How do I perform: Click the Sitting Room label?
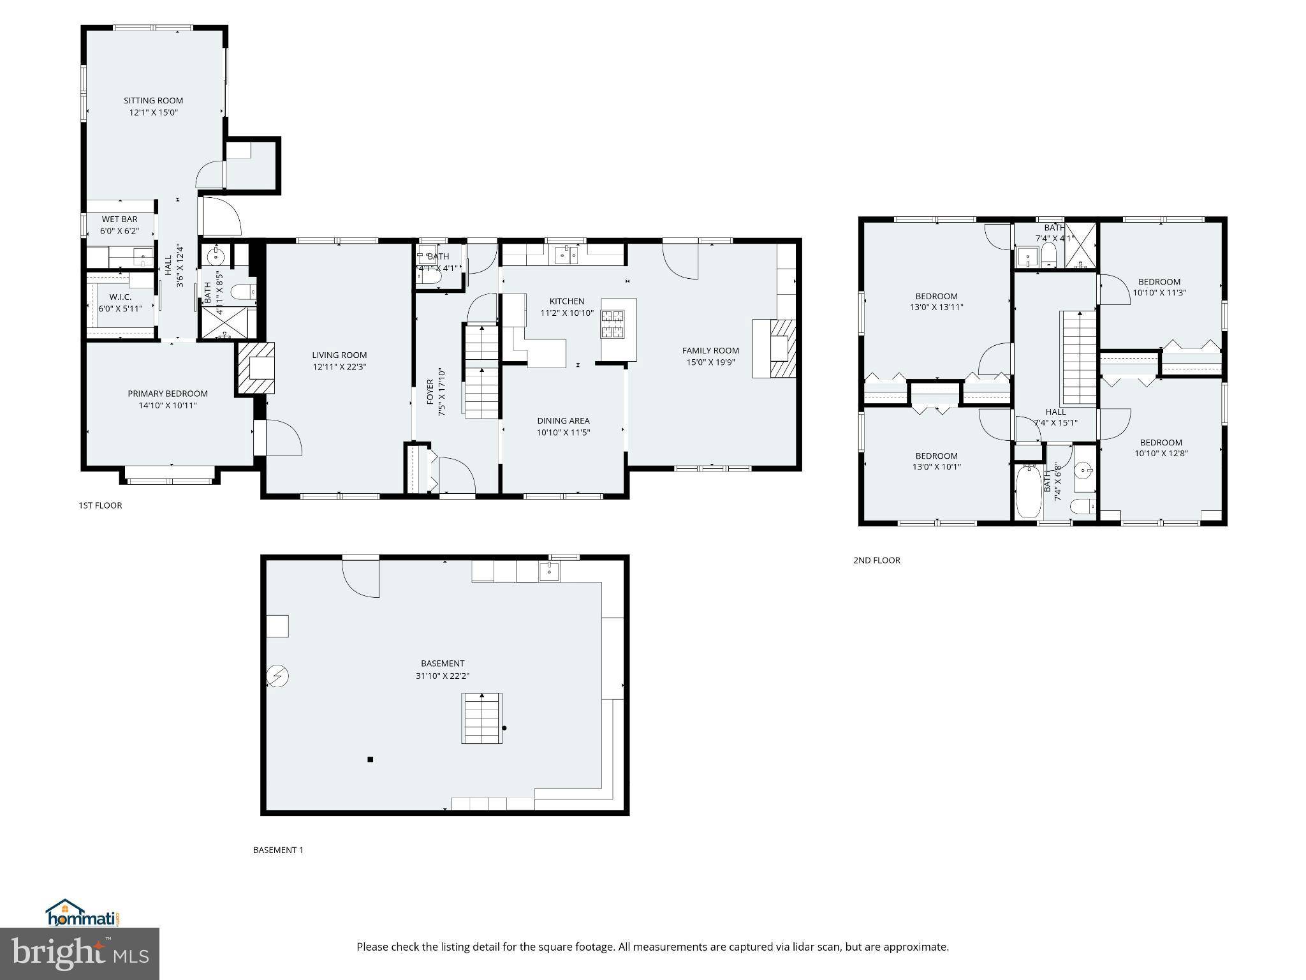(153, 100)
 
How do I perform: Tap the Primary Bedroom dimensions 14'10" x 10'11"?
(168, 405)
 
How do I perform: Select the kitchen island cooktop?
(613, 323)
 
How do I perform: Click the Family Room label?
(710, 350)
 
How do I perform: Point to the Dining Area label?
(563, 420)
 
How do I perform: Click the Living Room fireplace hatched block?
(256, 367)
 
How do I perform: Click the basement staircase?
(481, 718)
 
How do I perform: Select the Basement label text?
(443, 664)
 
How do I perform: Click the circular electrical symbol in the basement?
(278, 676)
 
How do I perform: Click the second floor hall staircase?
(1080, 357)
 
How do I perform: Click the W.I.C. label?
(120, 297)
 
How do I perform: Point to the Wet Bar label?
(119, 219)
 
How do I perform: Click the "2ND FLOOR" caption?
(877, 560)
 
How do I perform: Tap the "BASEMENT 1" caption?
(278, 850)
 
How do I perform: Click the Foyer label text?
(430, 392)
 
